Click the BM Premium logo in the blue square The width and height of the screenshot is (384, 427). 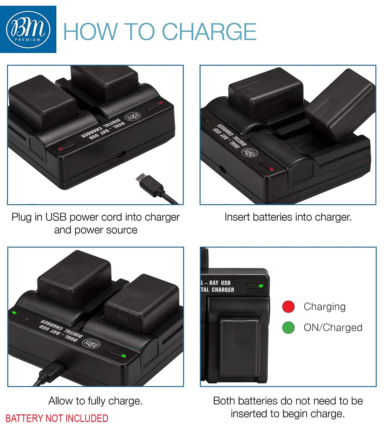click(x=28, y=29)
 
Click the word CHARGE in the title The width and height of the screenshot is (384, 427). click(x=209, y=32)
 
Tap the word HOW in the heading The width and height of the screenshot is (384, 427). click(x=90, y=32)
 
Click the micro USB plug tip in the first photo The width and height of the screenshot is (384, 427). click(x=141, y=177)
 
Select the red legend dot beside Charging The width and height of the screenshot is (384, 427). click(x=288, y=307)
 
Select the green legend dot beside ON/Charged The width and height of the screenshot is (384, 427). click(x=288, y=327)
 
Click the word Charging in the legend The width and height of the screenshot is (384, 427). click(x=325, y=307)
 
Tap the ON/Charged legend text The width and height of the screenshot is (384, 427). click(x=333, y=327)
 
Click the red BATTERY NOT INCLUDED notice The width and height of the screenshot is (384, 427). click(x=57, y=418)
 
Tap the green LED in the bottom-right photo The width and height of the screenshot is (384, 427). click(x=261, y=286)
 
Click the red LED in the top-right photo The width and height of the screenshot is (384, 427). click(x=271, y=169)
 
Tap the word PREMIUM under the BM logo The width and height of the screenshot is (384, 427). click(x=28, y=40)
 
